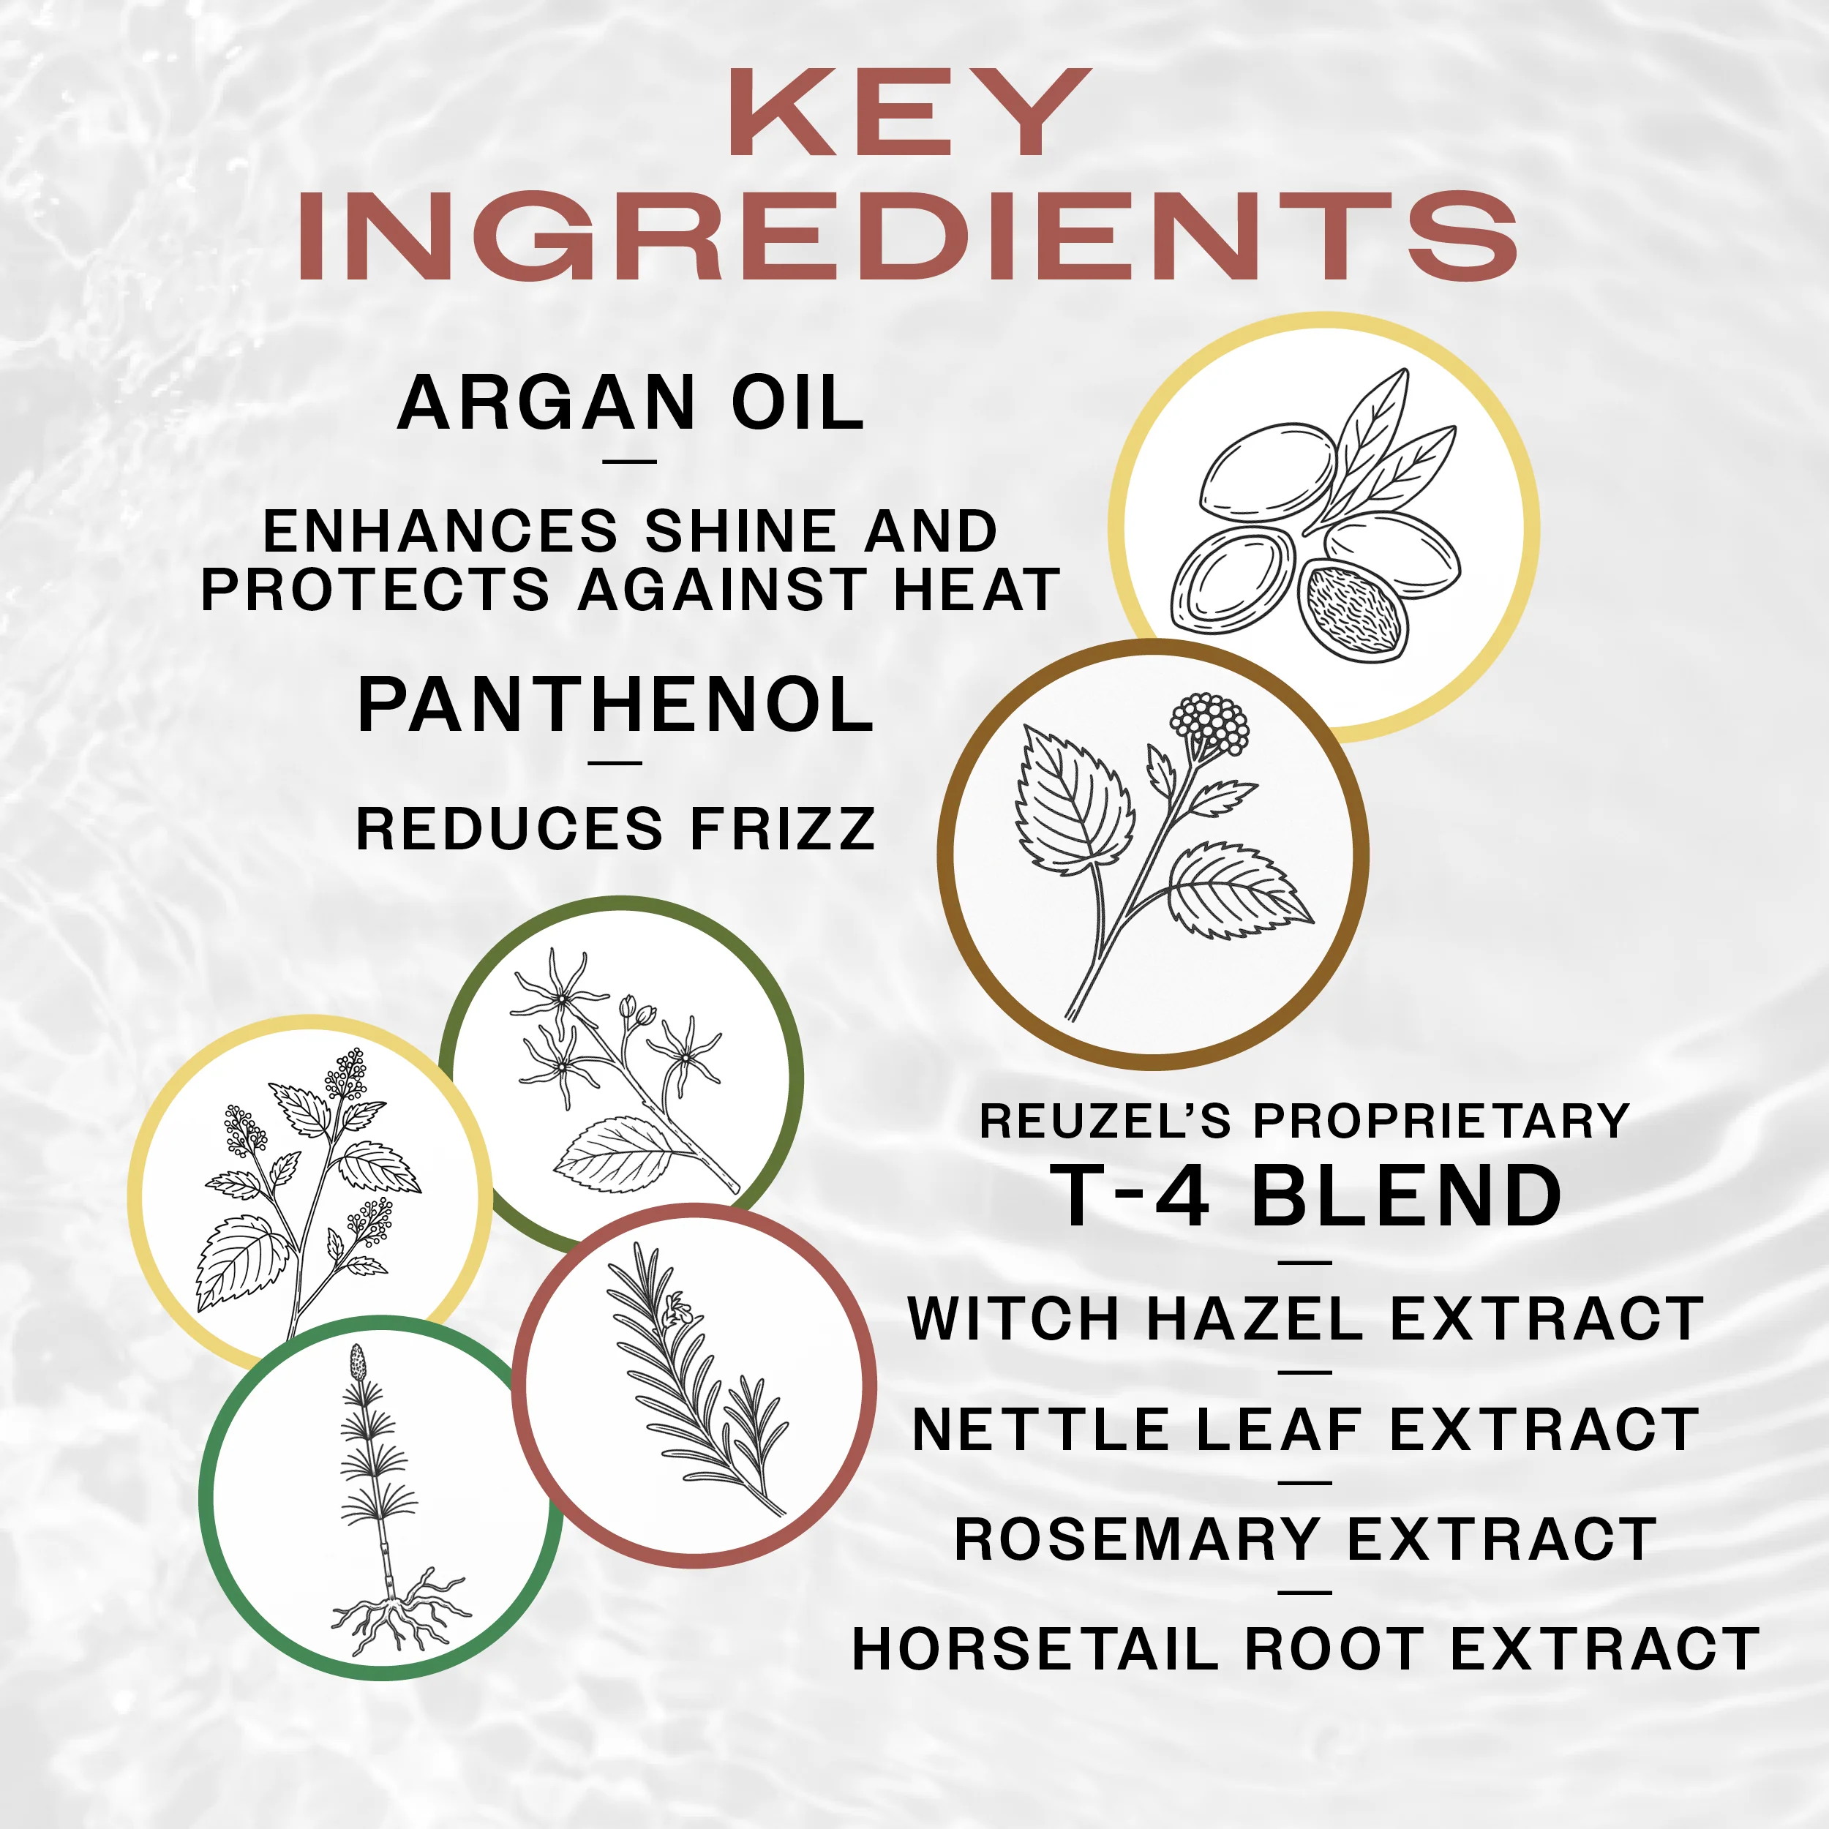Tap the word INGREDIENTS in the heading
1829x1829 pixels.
tap(909, 235)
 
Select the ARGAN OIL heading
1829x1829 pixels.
tap(631, 402)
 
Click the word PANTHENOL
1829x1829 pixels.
tap(615, 705)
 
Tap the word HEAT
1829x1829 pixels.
tap(976, 589)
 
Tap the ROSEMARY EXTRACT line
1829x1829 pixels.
tap(1305, 1539)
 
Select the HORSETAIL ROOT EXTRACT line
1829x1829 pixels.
tap(1305, 1650)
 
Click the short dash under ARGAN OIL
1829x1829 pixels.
tap(630, 462)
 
